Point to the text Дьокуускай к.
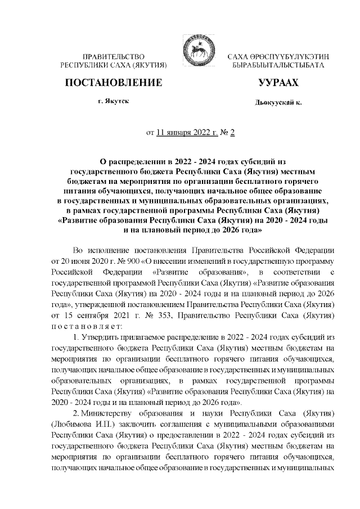278,104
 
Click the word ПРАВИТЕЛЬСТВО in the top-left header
114,57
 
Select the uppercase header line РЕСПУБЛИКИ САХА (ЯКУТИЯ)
114,66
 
